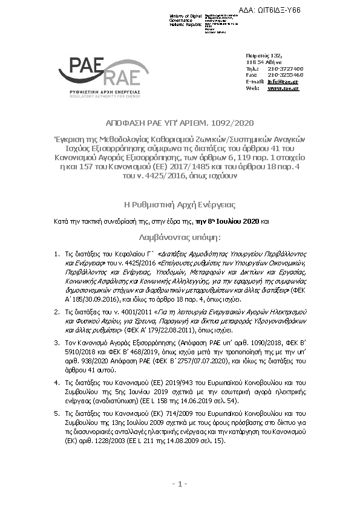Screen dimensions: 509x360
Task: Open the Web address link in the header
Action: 283,88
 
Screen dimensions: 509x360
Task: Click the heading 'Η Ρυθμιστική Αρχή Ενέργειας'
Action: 179,205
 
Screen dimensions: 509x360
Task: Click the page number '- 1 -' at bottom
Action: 179,484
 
